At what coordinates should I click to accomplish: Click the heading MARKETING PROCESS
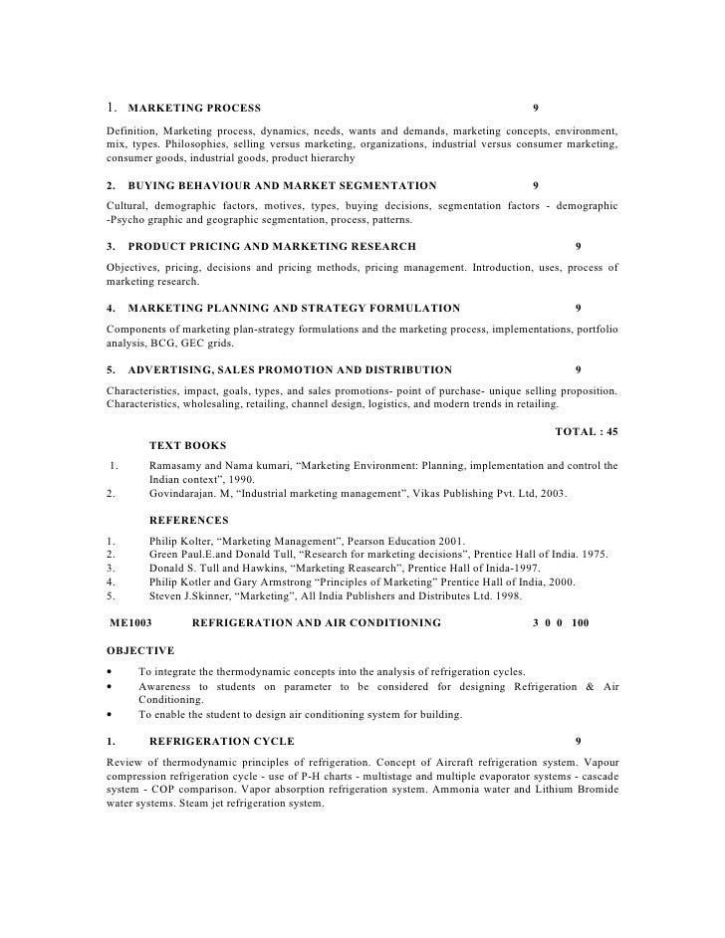tap(194, 107)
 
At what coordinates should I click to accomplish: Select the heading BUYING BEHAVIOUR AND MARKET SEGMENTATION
tap(282, 185)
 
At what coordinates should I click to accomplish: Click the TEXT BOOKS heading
tap(187, 445)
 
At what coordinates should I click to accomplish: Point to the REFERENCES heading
tap(188, 520)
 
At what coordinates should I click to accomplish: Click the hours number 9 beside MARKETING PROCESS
tap(536, 107)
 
